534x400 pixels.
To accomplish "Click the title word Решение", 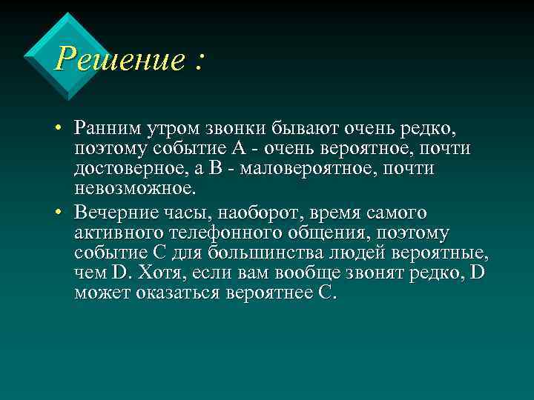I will click(x=119, y=59).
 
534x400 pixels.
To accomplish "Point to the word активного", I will click(x=121, y=233).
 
